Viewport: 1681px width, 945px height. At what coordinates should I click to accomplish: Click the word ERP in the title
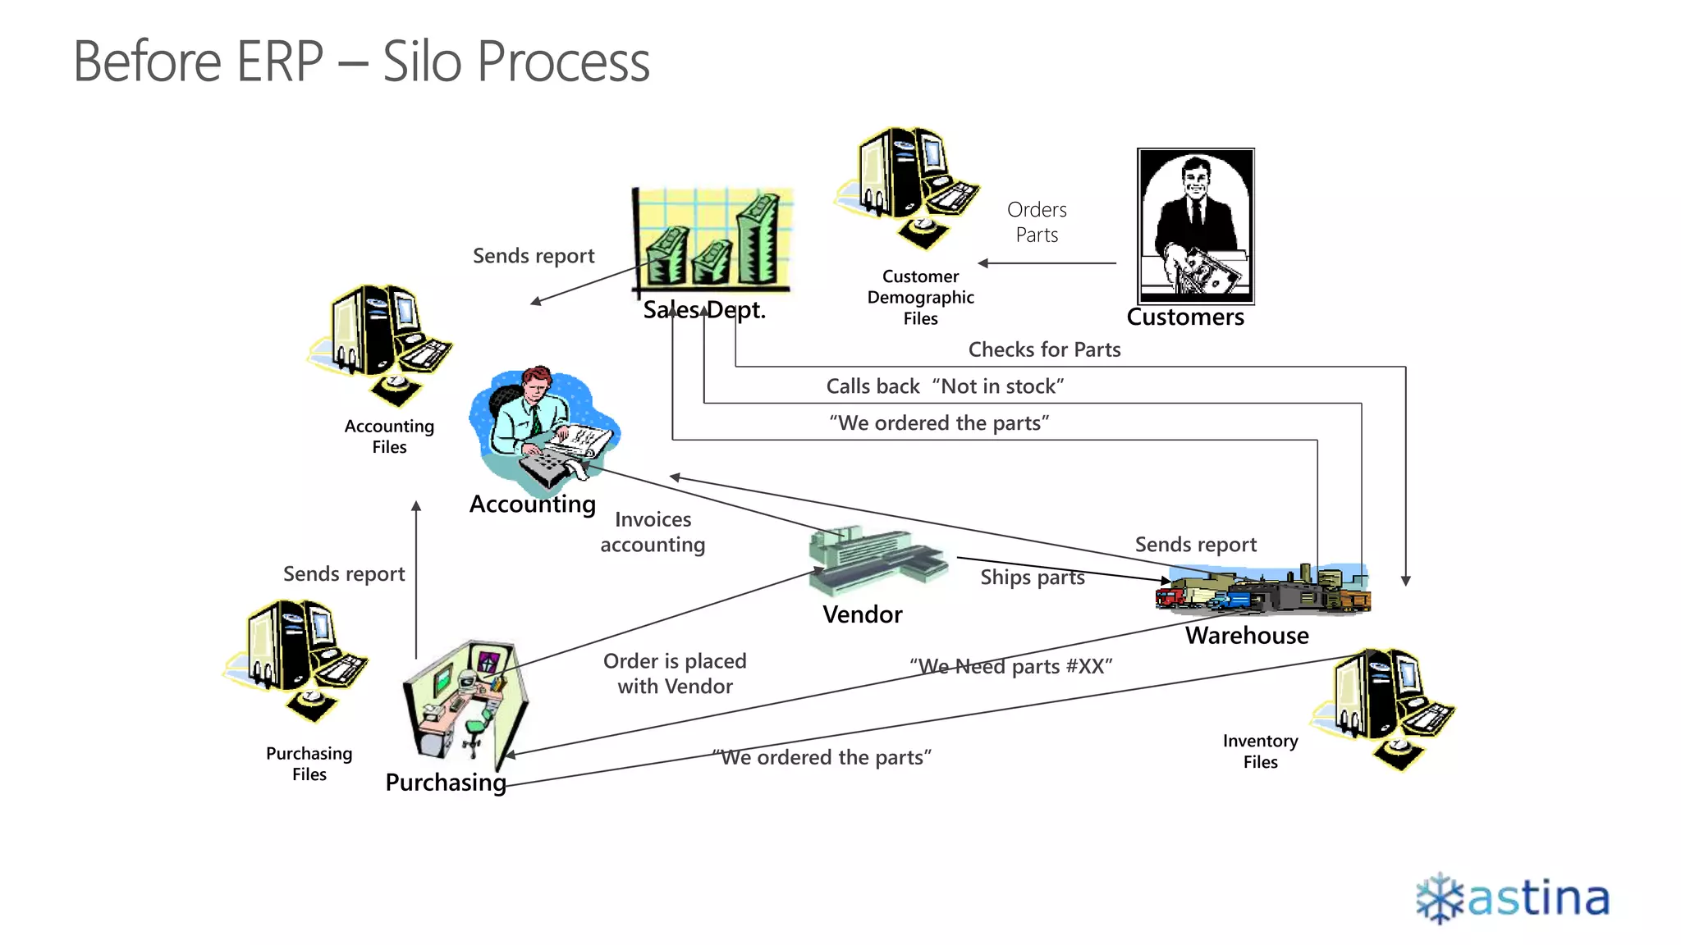click(280, 62)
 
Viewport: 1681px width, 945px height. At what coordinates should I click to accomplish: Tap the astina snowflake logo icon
click(1440, 899)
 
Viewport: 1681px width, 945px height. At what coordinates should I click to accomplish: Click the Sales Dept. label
click(704, 310)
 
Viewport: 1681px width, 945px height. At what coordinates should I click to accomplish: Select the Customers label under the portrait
click(1185, 317)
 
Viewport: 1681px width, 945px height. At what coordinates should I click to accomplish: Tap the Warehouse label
click(1247, 636)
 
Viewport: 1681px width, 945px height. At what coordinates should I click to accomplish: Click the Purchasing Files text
click(309, 764)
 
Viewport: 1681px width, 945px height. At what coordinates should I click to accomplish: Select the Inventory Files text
click(1260, 751)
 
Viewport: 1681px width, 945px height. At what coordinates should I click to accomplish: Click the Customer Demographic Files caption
click(920, 297)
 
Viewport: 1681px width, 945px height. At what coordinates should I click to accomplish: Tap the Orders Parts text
click(1037, 222)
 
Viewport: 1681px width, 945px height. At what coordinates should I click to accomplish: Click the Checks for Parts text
click(1044, 350)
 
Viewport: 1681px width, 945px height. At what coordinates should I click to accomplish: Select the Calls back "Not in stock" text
click(945, 386)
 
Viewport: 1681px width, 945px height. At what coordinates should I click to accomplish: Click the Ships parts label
click(1032, 577)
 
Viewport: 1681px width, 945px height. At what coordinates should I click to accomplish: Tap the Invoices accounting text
click(653, 532)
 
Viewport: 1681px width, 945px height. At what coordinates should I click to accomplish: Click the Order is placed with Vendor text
click(675, 673)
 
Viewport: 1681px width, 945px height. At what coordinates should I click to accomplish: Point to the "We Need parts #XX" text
click(1010, 667)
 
